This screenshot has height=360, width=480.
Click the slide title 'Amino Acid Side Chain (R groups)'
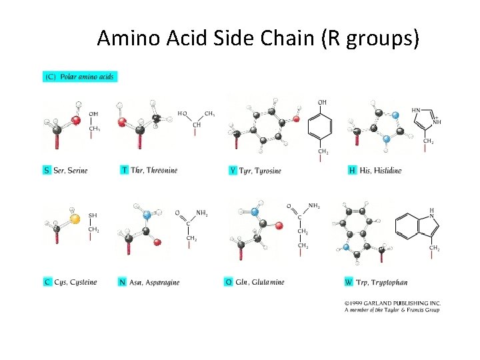pos(258,39)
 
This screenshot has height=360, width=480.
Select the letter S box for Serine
pos(47,170)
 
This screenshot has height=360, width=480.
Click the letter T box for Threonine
pos(125,170)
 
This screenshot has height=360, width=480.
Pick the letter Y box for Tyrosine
pos(233,171)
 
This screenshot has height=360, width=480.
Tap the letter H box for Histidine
pos(352,171)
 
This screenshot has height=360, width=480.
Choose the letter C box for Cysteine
pos(47,282)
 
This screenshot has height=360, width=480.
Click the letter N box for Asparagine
pos(122,282)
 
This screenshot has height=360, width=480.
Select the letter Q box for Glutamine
pos(229,282)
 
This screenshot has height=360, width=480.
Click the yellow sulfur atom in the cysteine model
pos(75,218)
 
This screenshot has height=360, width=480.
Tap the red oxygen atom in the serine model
pos(76,120)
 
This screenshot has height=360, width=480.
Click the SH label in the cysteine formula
pos(93,215)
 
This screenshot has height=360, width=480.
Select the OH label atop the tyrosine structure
pos(322,102)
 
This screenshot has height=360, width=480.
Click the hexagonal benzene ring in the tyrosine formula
pos(322,127)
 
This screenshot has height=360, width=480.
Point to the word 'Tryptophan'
pos(389,283)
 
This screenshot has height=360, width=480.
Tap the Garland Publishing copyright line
pos(393,302)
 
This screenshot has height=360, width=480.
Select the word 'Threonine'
pos(162,170)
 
